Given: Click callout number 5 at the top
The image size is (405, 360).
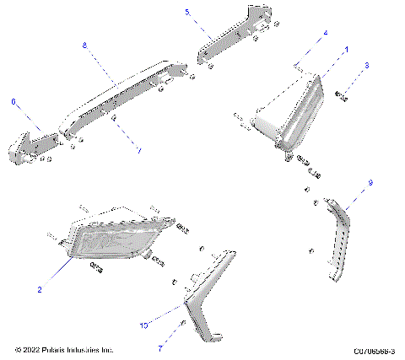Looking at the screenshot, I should point(187,13).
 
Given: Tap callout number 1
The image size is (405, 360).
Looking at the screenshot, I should point(347,50).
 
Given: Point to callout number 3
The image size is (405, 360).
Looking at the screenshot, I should point(367,65).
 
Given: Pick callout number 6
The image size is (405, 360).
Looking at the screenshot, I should point(13,101).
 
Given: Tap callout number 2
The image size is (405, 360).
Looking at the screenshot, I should point(39,289).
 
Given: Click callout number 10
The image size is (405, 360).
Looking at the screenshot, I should point(143,324).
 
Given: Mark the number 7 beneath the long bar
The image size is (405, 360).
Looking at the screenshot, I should point(139,150).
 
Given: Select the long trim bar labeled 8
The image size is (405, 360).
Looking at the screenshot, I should point(127,93).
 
